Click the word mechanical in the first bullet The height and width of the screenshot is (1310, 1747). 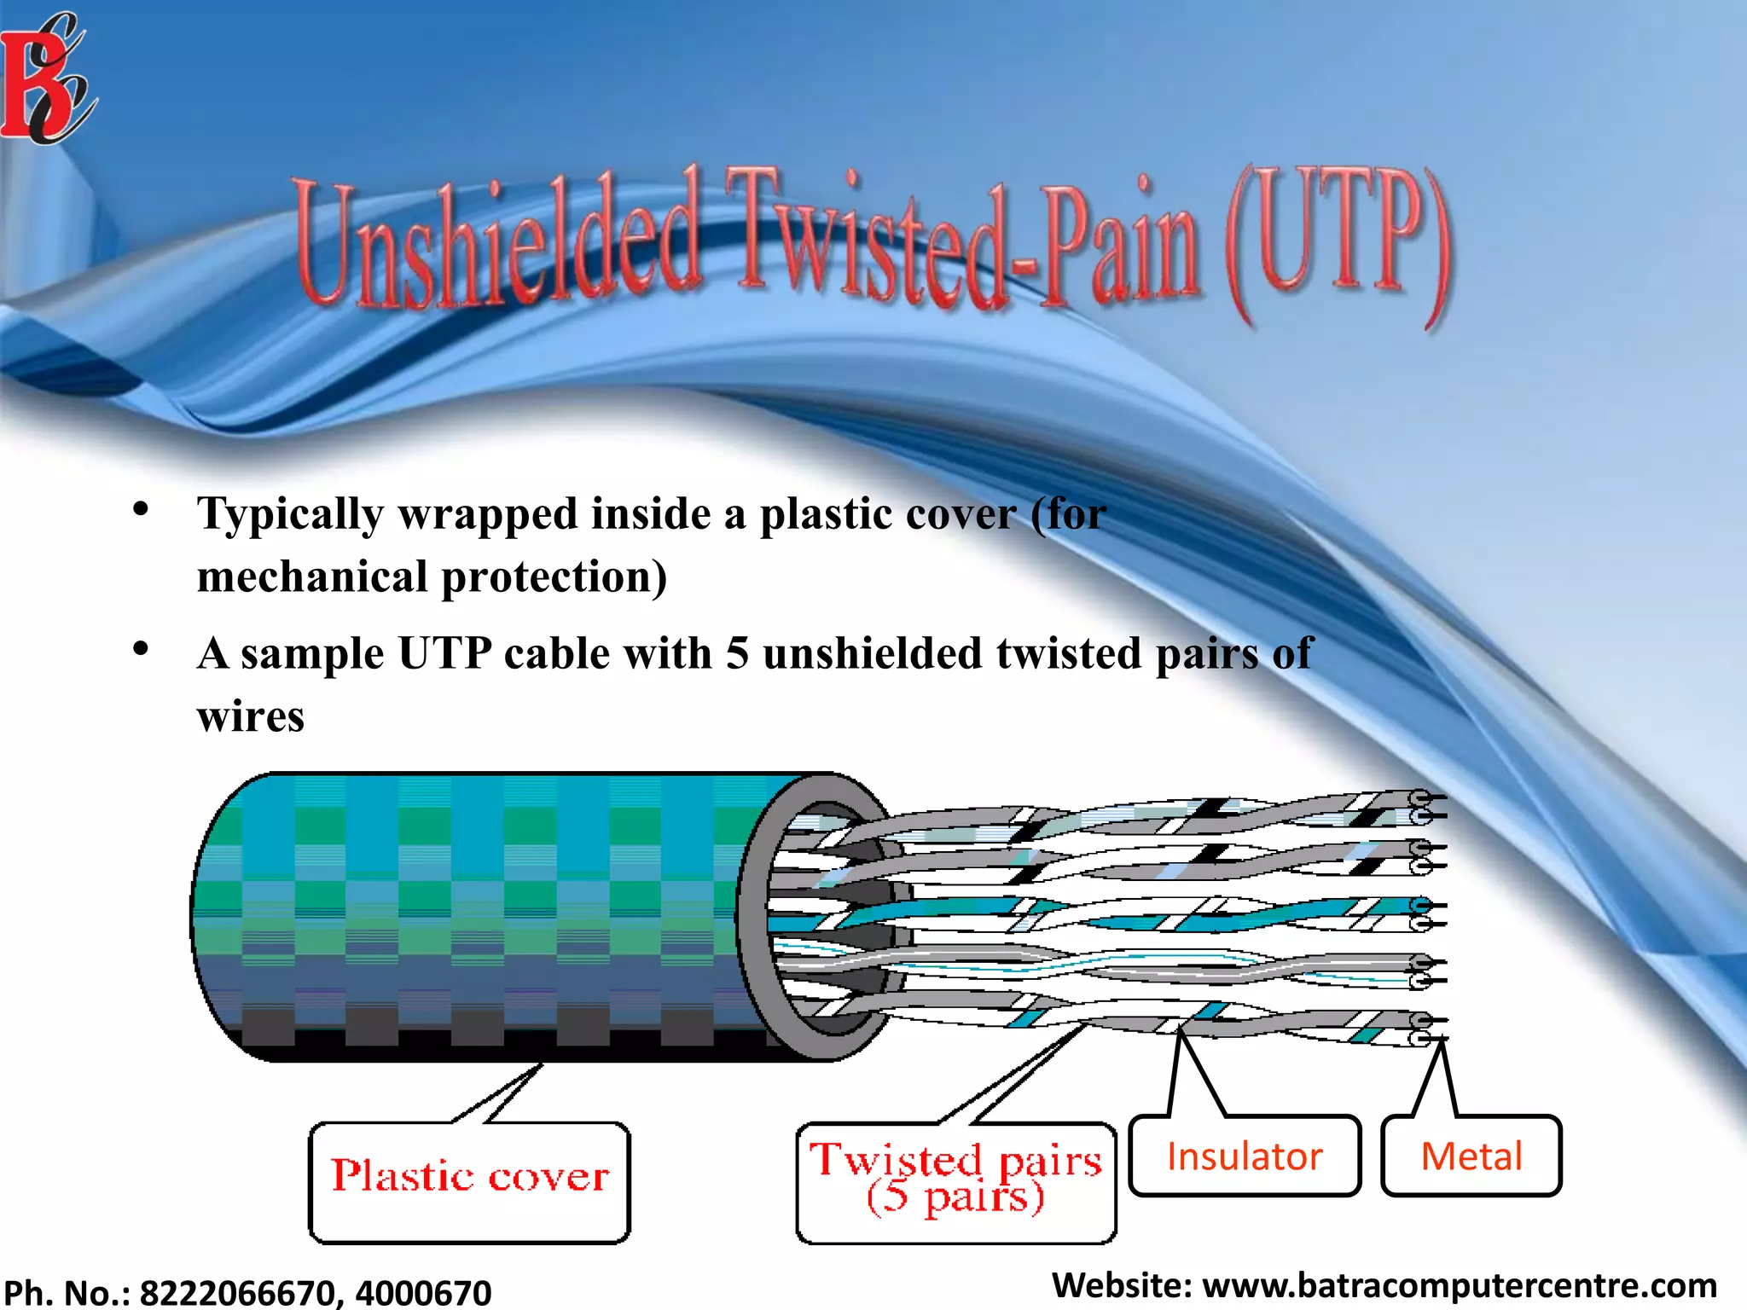312,577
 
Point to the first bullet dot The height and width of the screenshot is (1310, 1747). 141,510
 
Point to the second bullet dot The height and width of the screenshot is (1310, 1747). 141,650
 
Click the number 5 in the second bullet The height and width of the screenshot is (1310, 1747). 737,654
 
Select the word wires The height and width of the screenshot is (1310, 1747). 250,716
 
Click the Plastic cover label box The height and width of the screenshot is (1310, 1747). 469,1181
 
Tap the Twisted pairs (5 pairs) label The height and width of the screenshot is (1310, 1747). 955,1181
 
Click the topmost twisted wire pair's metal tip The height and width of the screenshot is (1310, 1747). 1433,799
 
